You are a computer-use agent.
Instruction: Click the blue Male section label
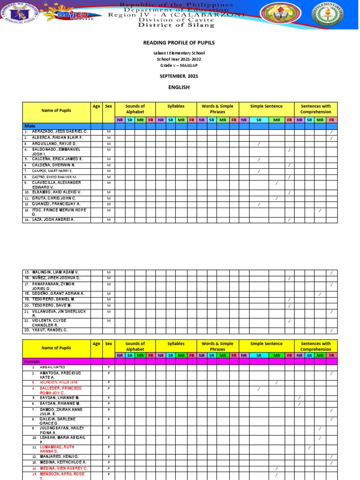pyautogui.click(x=30, y=127)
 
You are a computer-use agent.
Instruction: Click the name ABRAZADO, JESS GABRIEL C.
pyautogui.click(x=57, y=132)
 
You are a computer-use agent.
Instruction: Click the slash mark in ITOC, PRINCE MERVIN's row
pyautogui.click(x=320, y=211)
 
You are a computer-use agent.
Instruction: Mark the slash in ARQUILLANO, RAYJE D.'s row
pyautogui.click(x=259, y=143)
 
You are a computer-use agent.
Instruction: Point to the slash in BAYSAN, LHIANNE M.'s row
pyautogui.click(x=300, y=397)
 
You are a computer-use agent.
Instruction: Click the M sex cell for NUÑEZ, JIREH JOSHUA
pyautogui.click(x=108, y=278)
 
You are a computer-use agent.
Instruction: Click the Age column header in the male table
pyautogui.click(x=97, y=106)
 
